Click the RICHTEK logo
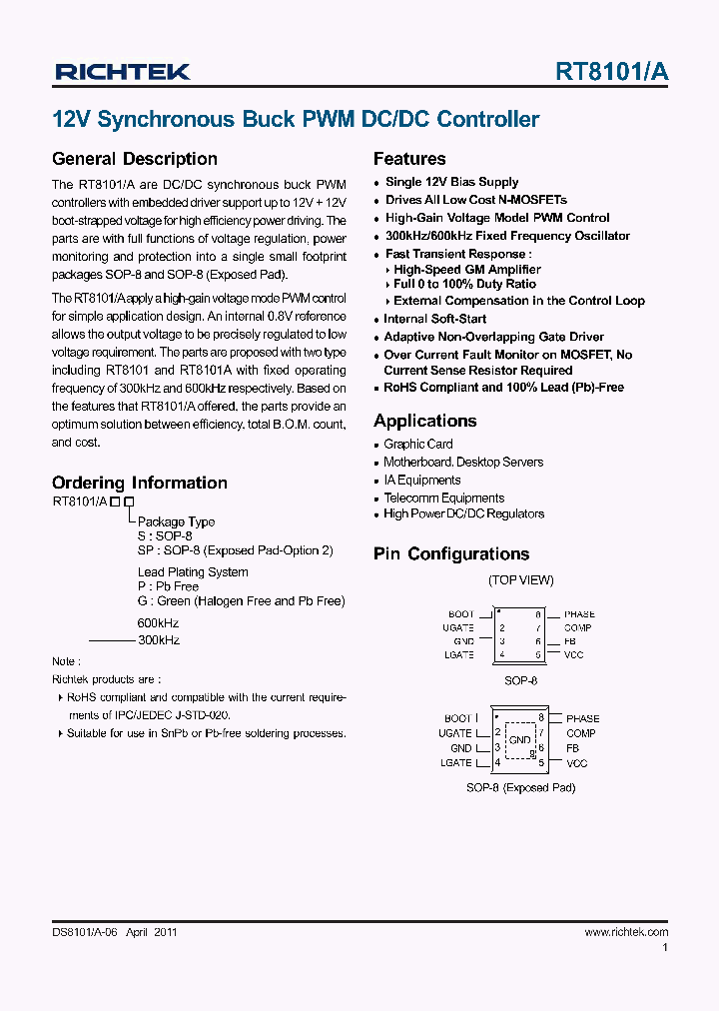coord(122,71)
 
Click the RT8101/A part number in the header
coord(612,71)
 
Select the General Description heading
coord(135,159)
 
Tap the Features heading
coord(409,159)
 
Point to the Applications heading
coord(425,421)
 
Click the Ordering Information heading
coord(140,483)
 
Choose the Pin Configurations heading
coord(451,554)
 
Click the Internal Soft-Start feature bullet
coord(435,319)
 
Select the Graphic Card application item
coord(418,444)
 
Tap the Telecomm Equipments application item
coord(444,498)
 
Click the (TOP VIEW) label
coord(520,580)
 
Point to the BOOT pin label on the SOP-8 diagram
coord(461,614)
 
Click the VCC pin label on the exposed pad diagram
coord(577,763)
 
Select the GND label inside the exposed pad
coord(520,740)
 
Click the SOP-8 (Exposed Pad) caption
coord(520,787)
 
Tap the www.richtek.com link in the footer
coord(626,932)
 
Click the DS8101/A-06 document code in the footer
coord(85,932)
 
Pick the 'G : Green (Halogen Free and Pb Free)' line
coord(241,601)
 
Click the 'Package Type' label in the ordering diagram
coord(176,521)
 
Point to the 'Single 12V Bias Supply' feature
coord(451,182)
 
